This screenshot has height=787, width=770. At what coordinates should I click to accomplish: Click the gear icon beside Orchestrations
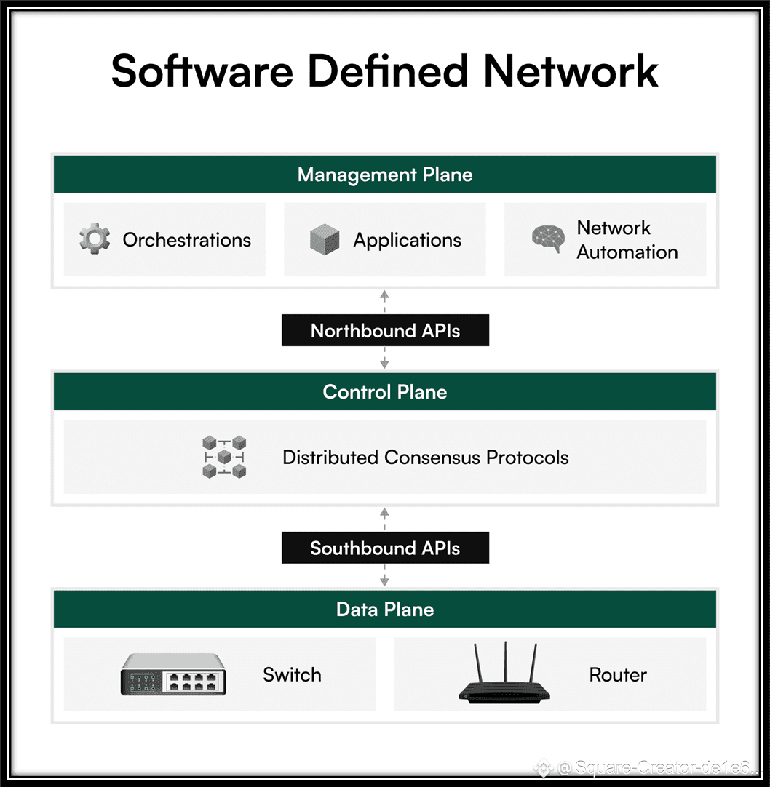point(95,239)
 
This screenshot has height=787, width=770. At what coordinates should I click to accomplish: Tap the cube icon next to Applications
point(325,239)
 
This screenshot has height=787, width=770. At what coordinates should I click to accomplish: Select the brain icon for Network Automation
point(548,239)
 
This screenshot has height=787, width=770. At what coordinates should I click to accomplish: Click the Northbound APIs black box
point(385,330)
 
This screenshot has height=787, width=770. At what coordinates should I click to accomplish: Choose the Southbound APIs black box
point(385,548)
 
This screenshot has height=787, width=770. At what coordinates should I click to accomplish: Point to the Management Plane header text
point(385,175)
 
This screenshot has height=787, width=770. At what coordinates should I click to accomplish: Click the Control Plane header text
point(385,392)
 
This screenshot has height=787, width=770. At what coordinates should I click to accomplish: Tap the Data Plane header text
point(385,610)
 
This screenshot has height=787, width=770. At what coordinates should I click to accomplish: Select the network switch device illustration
point(173,674)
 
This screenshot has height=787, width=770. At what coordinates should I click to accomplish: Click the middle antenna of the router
point(506,661)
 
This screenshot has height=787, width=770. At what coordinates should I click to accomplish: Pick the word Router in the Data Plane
point(618,675)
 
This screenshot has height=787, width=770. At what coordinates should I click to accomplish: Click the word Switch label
point(293,675)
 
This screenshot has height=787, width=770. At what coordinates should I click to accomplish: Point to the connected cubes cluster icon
point(224,457)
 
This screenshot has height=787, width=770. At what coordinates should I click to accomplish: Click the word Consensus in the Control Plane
point(432,458)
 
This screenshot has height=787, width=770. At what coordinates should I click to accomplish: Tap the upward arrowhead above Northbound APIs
point(385,295)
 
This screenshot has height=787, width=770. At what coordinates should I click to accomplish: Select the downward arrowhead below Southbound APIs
point(385,582)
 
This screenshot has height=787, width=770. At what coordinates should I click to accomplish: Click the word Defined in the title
point(387,71)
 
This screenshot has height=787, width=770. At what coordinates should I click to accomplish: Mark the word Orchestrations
point(187,241)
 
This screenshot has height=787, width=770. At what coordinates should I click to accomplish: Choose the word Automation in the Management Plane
point(627,252)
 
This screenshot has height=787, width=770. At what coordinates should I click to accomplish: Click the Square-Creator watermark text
point(653,767)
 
